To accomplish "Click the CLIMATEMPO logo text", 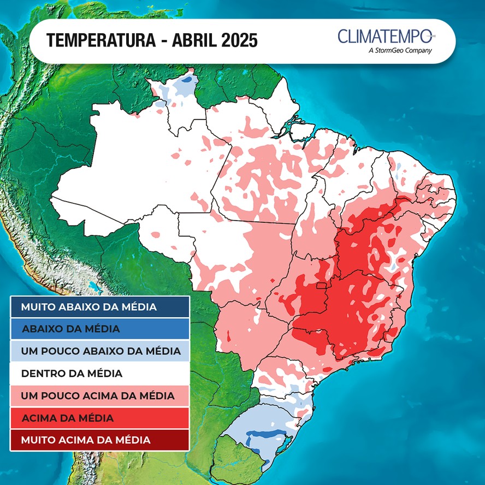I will point(386,37).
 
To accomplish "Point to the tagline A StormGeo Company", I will point(400,51).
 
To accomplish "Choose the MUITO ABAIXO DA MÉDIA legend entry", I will point(100,307).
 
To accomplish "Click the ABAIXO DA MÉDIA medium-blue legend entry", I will point(100,329).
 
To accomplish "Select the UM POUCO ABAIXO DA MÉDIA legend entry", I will point(100,351).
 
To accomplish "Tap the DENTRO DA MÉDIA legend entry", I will point(100,374).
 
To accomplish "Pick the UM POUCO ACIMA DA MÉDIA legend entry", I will point(100,395).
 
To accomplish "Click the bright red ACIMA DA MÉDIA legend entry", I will point(100,418).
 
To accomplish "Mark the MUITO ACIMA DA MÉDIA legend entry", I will point(100,440).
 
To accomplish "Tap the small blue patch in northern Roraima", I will point(187,80).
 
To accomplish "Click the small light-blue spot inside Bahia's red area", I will point(391,267).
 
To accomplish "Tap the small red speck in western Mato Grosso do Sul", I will point(228,336).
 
